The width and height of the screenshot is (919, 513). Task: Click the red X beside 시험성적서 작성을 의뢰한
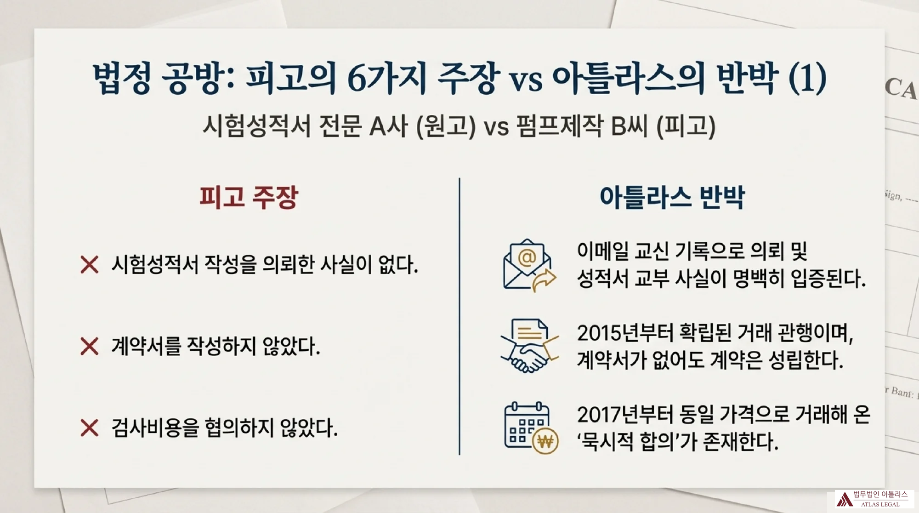(x=89, y=265)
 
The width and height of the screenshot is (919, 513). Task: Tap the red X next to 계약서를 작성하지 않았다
(x=89, y=346)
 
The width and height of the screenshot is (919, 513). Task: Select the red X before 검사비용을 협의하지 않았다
(x=89, y=427)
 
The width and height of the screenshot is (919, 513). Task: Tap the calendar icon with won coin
(x=531, y=428)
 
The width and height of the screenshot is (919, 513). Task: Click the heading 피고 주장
(x=249, y=198)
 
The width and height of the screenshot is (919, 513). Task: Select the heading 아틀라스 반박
(x=672, y=198)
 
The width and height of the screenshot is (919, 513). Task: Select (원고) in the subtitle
(x=446, y=126)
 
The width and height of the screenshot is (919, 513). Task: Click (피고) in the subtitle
(x=686, y=126)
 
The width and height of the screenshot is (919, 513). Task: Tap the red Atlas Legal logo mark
(x=844, y=499)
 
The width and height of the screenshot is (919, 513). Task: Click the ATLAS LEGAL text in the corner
(x=880, y=504)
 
